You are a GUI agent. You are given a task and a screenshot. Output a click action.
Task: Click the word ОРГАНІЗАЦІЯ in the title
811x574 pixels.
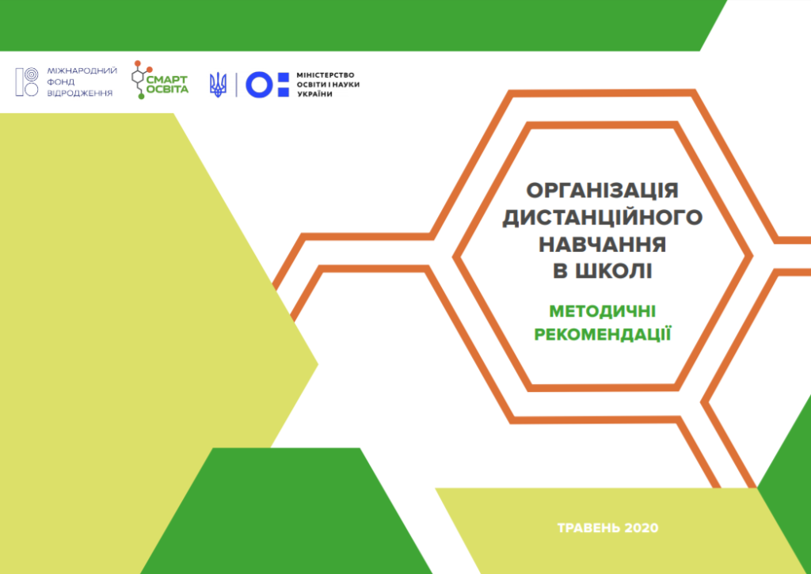click(602, 191)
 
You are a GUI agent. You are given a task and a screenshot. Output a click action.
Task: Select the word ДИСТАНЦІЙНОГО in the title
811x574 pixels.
click(602, 217)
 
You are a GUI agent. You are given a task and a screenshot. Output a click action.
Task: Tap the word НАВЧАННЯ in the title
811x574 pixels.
click(602, 244)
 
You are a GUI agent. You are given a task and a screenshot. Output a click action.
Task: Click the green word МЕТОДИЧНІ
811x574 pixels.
click(603, 311)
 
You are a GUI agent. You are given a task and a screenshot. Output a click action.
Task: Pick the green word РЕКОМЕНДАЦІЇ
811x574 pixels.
click(603, 335)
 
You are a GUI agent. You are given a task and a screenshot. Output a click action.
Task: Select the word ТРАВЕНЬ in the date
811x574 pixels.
click(588, 528)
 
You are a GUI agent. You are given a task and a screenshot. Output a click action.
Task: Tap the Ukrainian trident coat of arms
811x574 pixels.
click(219, 85)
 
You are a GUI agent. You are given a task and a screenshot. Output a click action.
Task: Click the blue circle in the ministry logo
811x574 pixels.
click(259, 85)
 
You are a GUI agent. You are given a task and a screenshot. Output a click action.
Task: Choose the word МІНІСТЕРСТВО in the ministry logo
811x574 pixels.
click(326, 75)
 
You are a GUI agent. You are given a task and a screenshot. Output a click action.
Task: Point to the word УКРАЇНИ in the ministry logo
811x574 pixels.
click(315, 95)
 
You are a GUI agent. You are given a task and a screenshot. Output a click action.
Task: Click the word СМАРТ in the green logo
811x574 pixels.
click(167, 80)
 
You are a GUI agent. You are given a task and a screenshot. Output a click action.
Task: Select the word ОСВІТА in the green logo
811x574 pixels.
click(167, 89)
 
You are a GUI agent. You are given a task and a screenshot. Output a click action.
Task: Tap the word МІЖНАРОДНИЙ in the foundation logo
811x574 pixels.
click(82, 70)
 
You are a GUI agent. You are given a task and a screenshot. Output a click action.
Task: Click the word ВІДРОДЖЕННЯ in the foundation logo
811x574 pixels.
click(80, 93)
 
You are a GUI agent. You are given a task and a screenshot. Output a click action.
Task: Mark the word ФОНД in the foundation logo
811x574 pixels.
click(61, 82)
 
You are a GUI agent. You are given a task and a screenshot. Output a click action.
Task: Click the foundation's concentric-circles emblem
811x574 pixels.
click(27, 82)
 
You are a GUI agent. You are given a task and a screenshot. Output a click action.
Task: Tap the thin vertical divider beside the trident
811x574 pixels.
click(236, 85)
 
